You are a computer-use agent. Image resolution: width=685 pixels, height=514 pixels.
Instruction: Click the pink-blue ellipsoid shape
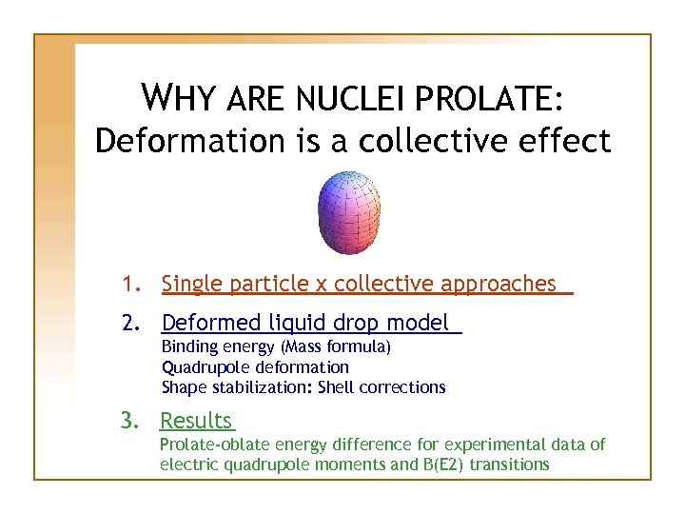coord(348,212)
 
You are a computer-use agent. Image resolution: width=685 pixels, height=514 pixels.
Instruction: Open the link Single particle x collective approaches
coord(359,284)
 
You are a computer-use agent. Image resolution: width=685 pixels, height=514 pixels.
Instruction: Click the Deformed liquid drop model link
coord(304,324)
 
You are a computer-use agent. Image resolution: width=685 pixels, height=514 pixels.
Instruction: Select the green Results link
coord(196,421)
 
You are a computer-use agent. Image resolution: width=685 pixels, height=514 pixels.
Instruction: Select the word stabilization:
coord(260,387)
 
